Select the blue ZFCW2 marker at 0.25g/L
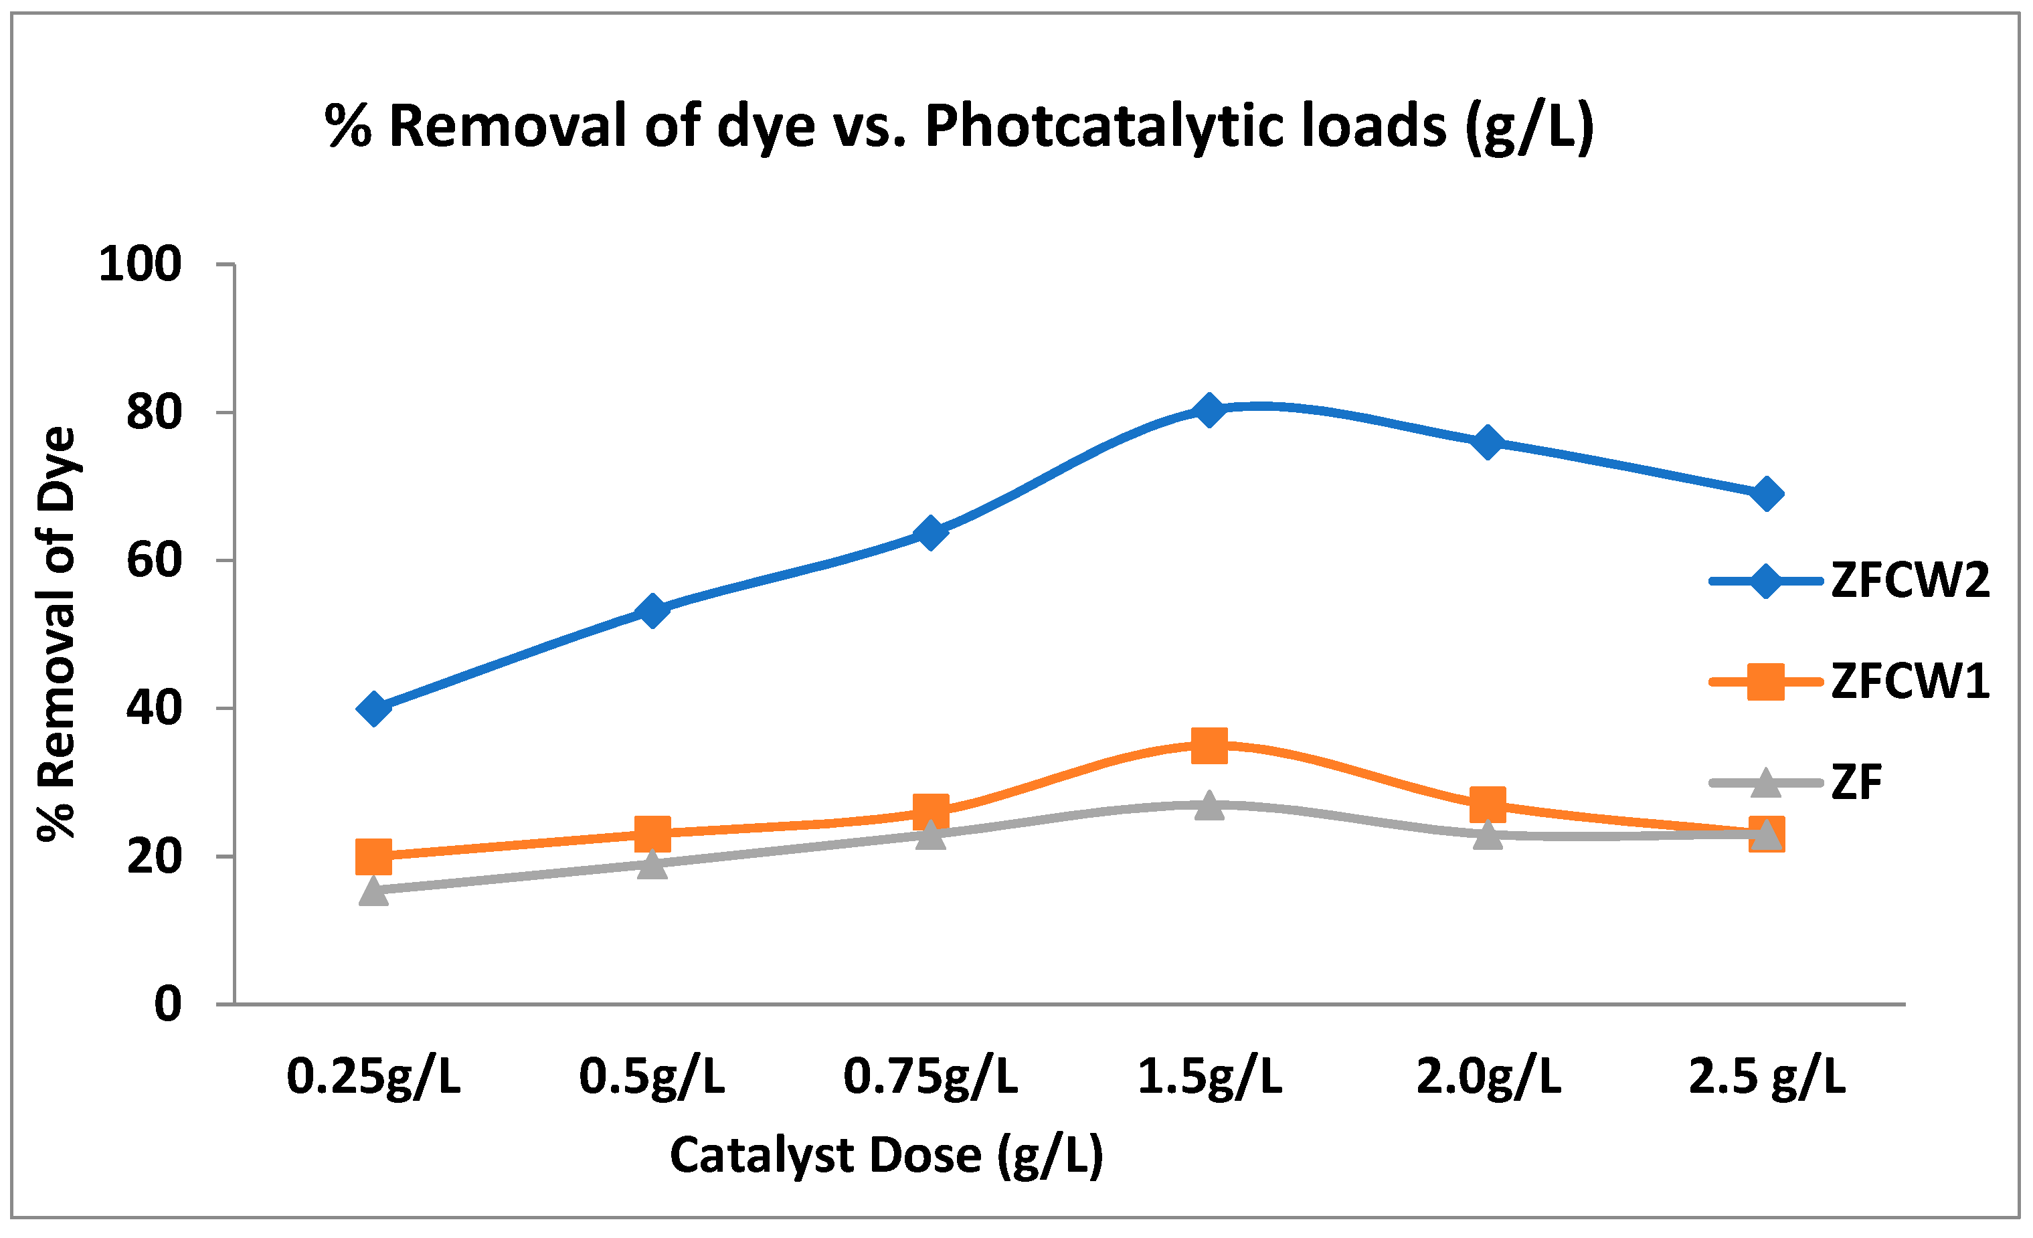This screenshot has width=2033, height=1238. [x=374, y=708]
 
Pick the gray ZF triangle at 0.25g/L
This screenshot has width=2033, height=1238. [x=374, y=891]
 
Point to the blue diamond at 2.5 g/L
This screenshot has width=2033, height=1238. [x=1767, y=495]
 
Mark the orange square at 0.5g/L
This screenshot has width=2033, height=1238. [x=652, y=832]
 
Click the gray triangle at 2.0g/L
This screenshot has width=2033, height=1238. [x=1488, y=834]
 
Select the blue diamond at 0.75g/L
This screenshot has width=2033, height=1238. [x=931, y=533]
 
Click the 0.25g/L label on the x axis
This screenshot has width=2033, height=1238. [x=374, y=1077]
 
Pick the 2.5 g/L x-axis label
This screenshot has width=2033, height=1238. [x=1767, y=1077]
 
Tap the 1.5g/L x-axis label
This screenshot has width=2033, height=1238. [x=1210, y=1077]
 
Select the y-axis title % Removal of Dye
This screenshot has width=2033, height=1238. [x=57, y=634]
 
